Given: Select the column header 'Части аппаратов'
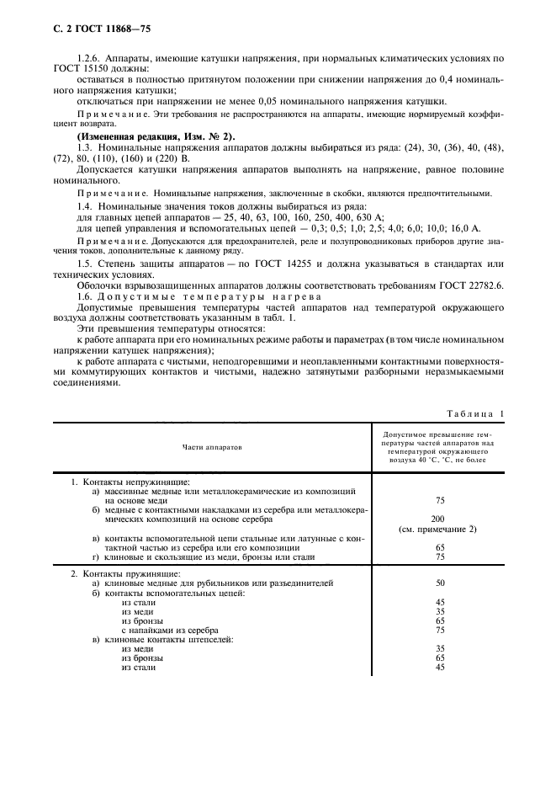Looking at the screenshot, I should [210, 447].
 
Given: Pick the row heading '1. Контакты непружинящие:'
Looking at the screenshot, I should [124, 481].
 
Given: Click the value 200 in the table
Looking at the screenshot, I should [439, 519].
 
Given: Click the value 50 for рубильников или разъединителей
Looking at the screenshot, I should [439, 583].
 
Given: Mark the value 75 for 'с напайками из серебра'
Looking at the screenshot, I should [439, 630].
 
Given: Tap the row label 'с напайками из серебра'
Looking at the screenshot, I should [169, 630].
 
